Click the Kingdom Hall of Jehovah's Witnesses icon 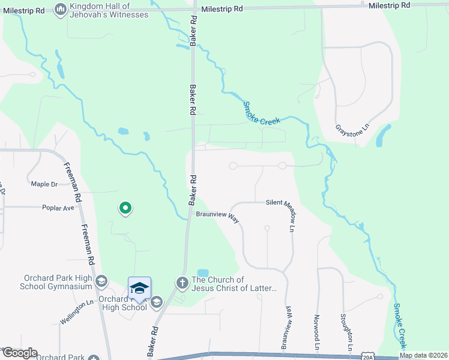click(61, 10)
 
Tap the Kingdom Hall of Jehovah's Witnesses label click(109, 10)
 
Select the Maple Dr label click(44, 184)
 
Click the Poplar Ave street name click(58, 208)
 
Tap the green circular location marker click(125, 208)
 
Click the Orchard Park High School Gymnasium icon click(102, 281)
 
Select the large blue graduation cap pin click(139, 289)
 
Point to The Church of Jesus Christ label click(234, 284)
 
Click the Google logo click(19, 353)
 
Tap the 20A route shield click(368, 356)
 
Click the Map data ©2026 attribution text click(423, 355)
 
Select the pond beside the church click(203, 273)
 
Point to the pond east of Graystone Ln click(382, 136)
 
